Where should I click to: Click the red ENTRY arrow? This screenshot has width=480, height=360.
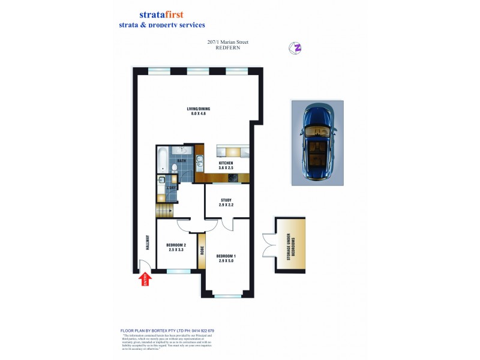144,280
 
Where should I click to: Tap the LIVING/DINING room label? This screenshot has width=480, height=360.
198,111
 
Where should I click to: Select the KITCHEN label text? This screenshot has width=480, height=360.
226,166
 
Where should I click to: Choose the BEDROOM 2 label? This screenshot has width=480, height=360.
176,247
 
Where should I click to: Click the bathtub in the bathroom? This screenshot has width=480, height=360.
162,160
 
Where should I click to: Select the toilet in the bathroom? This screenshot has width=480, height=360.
174,167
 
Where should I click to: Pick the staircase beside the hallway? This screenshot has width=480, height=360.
164,211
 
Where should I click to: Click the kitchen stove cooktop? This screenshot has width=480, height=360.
237,177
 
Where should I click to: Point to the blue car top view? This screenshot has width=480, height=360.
317,143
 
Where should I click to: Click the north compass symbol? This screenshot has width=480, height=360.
295,48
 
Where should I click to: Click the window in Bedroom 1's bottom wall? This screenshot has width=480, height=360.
227,295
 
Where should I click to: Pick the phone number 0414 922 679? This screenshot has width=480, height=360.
200,331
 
